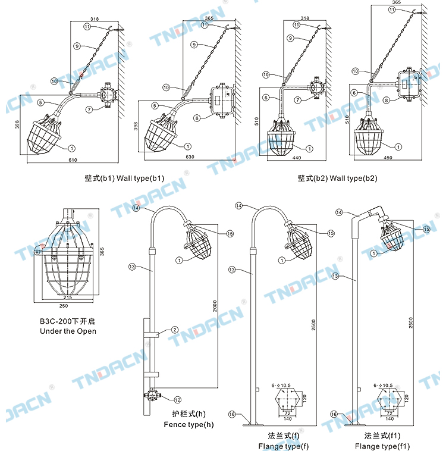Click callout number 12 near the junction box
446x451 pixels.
click(177, 399)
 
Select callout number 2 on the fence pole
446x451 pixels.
click(175, 330)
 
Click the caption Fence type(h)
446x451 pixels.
click(189, 425)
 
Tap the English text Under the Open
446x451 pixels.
click(67, 331)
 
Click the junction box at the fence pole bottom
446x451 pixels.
click(152, 394)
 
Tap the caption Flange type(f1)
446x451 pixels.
click(382, 446)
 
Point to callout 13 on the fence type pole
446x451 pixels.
click(132, 268)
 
